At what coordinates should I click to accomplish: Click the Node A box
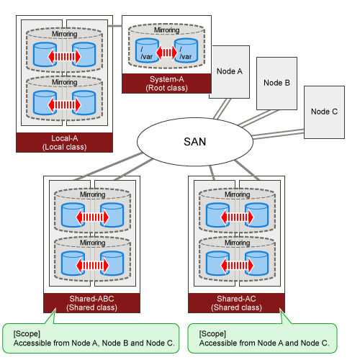(230, 72)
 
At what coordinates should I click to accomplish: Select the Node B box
(276, 84)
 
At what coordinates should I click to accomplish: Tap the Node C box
(324, 112)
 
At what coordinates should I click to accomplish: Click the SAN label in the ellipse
(195, 142)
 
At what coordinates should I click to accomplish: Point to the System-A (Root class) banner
(166, 84)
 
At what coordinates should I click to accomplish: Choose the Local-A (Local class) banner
(64, 143)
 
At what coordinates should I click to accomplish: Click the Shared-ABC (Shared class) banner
(91, 303)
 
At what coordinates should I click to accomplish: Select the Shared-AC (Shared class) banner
(236, 303)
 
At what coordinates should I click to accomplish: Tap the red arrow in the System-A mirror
(166, 52)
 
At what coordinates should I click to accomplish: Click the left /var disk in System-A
(147, 50)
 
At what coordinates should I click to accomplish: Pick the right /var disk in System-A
(186, 50)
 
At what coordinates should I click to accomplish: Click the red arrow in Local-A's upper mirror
(64, 57)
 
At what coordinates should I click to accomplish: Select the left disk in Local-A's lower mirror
(45, 103)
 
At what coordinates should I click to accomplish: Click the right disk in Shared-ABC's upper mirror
(112, 215)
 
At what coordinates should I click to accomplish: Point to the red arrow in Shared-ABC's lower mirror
(92, 266)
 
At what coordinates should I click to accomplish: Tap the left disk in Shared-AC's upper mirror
(218, 215)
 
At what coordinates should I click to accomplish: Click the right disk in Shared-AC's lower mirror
(257, 264)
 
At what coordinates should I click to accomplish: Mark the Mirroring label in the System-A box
(167, 30)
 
